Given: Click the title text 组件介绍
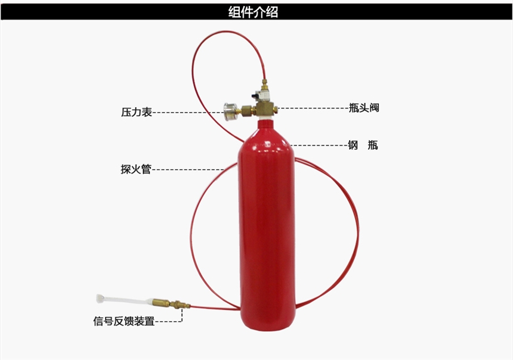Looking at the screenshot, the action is pos(253,12).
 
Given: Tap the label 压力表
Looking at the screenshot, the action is pos(137,112).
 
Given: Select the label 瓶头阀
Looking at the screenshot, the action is pos(364,107).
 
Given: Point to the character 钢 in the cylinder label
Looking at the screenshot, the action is pos(353,144).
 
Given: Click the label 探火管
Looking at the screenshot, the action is pos(136,169).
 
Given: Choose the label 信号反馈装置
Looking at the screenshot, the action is pos(123,321).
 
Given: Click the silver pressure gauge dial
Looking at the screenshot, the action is pos(229,112).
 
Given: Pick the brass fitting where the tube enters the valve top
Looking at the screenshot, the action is pos(264,85).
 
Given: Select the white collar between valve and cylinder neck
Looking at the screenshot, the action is pos(264,117).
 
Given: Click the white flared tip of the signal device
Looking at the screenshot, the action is pos(100,298).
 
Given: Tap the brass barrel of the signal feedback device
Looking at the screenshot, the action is pos(161,302).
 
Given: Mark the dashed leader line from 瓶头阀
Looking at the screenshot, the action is pos(313,108).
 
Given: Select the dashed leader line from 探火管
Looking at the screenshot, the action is pos(187,169).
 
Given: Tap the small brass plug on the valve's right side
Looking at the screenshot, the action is pos(275,108).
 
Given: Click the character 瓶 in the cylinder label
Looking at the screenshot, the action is pos(373,144).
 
